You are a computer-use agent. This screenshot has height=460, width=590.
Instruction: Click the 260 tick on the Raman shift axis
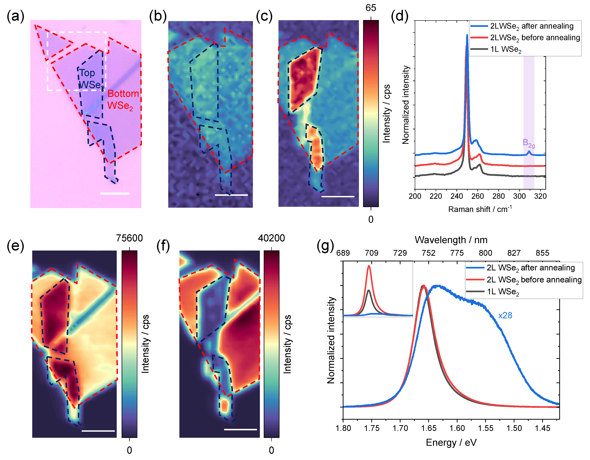478,196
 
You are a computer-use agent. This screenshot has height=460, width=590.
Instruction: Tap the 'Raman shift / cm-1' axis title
480,209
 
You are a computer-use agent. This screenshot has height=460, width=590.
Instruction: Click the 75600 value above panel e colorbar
129,238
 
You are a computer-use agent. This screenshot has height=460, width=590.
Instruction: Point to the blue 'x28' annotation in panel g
505,315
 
